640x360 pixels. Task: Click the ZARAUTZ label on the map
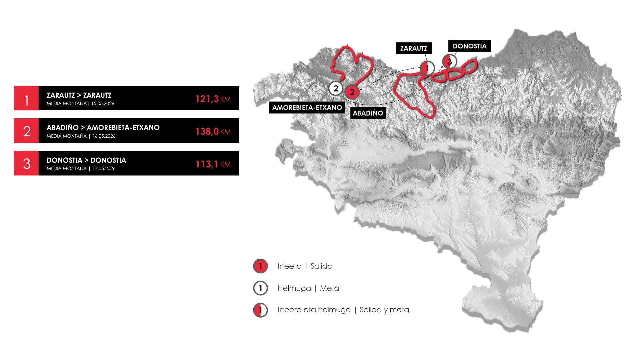click(414, 48)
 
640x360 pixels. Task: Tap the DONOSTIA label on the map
click(469, 46)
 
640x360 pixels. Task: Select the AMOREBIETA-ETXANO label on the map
click(307, 107)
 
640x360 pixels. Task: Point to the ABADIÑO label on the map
click(368, 113)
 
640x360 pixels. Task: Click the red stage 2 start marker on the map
click(352, 92)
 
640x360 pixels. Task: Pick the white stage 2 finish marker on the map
click(336, 88)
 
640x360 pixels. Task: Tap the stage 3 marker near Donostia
click(449, 61)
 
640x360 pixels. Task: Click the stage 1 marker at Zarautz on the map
click(427, 68)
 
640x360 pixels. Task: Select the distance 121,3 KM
click(213, 99)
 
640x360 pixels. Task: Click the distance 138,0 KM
click(213, 131)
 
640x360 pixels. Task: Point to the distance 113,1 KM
click(213, 164)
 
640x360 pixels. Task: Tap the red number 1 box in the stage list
click(26, 98)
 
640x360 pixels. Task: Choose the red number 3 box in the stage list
click(26, 163)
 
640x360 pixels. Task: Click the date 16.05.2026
click(104, 136)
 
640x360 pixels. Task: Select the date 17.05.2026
click(104, 168)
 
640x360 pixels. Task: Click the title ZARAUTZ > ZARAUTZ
click(79, 95)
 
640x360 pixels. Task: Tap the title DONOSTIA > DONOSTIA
click(86, 160)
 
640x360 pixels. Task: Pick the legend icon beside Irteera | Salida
click(260, 266)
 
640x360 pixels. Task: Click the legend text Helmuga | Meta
click(308, 288)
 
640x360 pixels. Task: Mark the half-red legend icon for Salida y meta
click(260, 310)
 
